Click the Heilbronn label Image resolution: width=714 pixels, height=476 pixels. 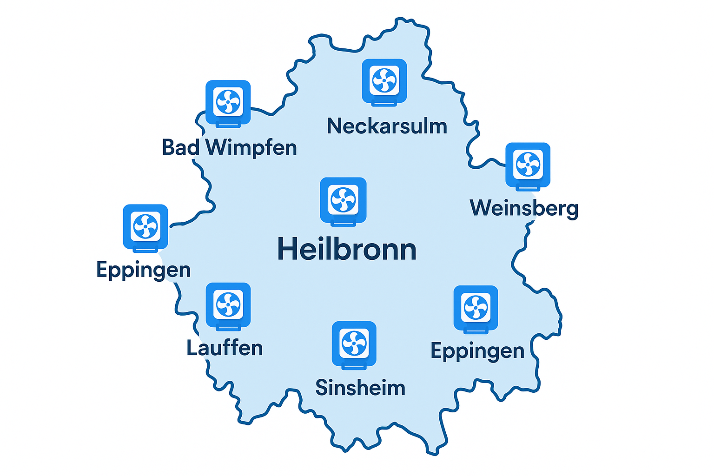(347, 250)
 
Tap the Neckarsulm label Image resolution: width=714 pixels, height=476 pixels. (387, 126)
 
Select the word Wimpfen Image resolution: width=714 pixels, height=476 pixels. (251, 148)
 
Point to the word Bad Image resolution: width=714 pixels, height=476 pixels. (181, 148)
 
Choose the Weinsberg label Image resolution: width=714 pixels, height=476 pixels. (524, 208)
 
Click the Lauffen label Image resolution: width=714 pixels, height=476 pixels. (225, 348)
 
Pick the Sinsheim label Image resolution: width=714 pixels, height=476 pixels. (360, 388)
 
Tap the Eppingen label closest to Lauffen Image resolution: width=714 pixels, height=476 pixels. (143, 270)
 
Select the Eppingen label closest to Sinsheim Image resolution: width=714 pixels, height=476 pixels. (477, 351)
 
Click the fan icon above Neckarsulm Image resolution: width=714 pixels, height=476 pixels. (384, 80)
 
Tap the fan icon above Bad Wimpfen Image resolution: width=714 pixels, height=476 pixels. (228, 102)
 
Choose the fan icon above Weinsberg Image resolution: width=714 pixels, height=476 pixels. (528, 165)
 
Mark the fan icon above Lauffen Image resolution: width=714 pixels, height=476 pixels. (228, 304)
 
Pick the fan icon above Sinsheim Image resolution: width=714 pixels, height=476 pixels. (354, 343)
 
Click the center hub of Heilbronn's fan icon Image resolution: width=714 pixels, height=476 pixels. (343, 200)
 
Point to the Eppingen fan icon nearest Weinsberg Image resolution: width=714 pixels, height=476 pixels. (476, 308)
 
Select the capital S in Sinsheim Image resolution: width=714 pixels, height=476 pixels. (322, 388)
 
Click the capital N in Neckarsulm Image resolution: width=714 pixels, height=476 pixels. (335, 126)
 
